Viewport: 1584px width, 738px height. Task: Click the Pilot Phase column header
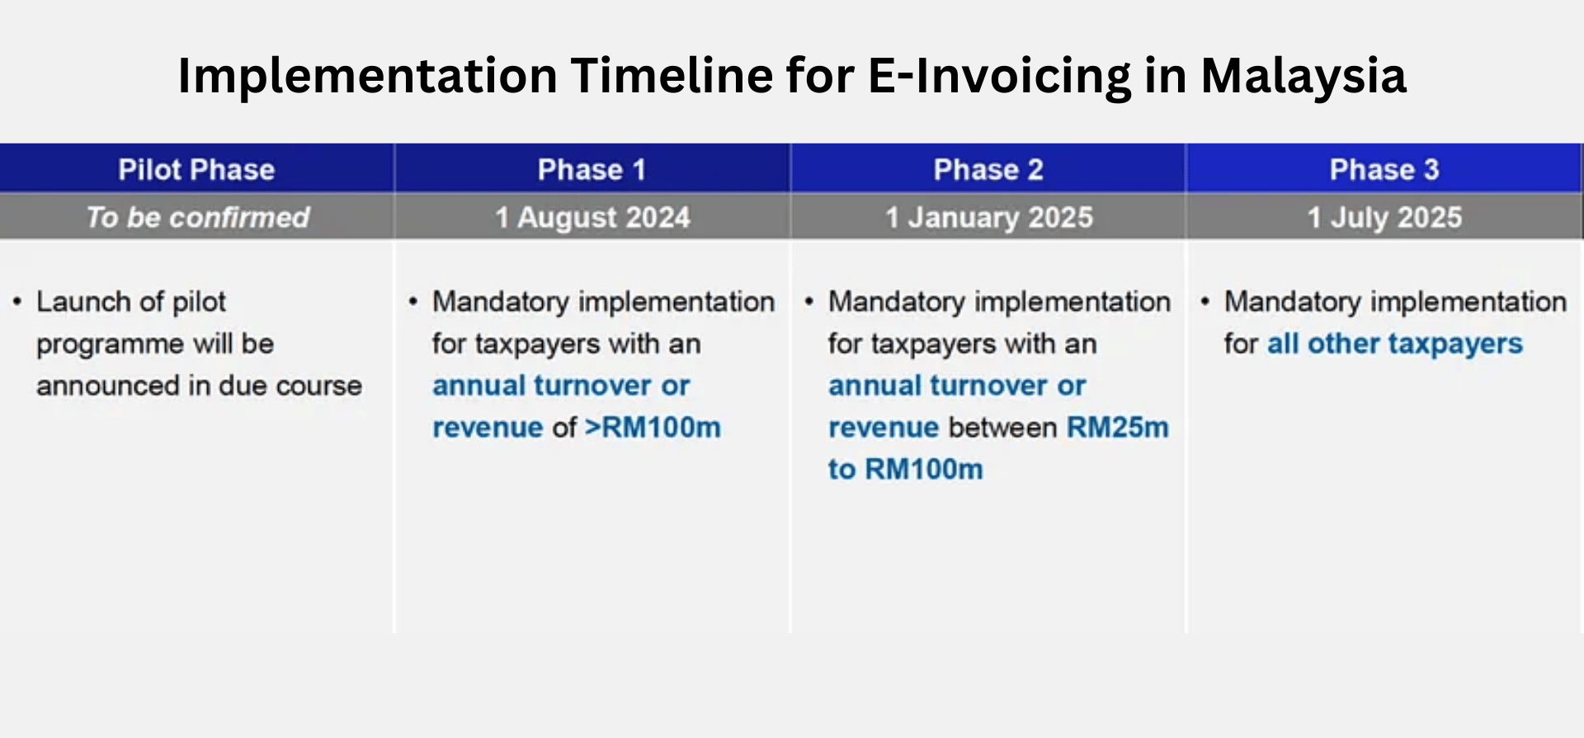[196, 169]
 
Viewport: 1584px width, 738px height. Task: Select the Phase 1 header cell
[592, 169]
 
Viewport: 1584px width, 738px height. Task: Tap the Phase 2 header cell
[988, 169]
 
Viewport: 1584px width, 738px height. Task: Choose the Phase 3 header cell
[1384, 169]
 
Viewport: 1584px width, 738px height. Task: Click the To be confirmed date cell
[198, 217]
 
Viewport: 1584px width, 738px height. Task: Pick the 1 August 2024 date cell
[592, 217]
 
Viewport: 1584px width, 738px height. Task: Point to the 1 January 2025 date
[988, 217]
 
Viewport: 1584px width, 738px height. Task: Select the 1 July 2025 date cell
[1384, 217]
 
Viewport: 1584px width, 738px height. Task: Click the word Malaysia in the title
[1303, 76]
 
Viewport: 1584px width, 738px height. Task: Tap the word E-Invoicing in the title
[999, 76]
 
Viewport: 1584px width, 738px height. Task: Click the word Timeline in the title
[672, 76]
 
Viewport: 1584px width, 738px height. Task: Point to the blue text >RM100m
[653, 427]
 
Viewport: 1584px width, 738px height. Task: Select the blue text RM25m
[1117, 427]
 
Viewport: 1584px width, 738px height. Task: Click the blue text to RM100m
[905, 469]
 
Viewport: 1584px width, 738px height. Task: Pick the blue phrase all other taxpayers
[1394, 343]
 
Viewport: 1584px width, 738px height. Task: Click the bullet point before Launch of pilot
[16, 302]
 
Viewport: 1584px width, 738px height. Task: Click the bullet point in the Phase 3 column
[1204, 302]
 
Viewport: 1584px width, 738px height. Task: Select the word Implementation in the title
[367, 76]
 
